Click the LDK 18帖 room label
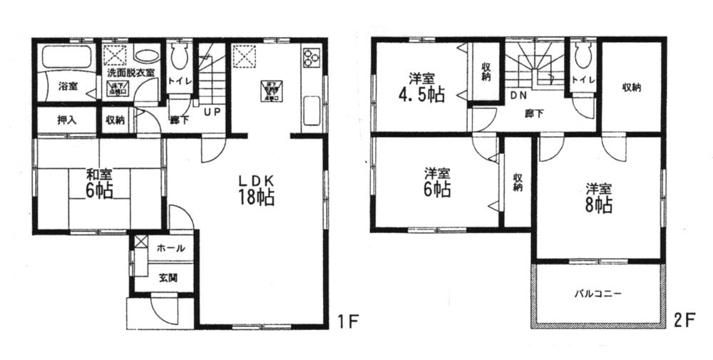point(252,187)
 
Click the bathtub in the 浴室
point(66,57)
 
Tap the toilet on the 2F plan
point(580,54)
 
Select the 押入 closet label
point(68,120)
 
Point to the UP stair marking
point(212,112)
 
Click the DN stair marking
point(518,95)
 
